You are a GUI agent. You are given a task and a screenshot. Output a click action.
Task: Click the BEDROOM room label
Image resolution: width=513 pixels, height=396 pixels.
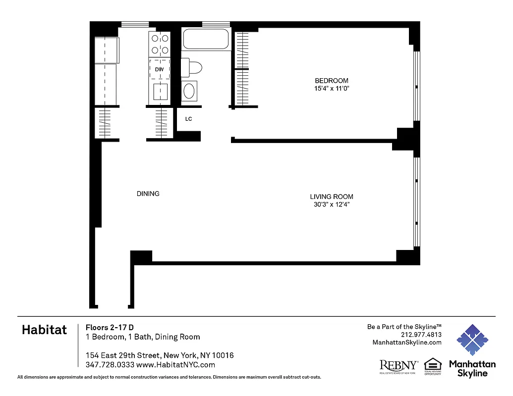[x=332, y=81]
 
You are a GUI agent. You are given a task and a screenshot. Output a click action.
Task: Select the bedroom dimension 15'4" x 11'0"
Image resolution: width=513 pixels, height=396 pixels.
[x=332, y=89]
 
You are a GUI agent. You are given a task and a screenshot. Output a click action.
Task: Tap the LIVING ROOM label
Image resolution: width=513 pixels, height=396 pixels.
[x=332, y=197]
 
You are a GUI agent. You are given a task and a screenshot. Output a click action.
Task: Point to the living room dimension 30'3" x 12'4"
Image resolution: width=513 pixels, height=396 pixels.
[x=332, y=204]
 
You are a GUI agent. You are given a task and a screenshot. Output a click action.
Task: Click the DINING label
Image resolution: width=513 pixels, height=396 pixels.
[x=148, y=194]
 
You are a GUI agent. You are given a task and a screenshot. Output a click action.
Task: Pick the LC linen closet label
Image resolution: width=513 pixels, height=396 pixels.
[x=188, y=119]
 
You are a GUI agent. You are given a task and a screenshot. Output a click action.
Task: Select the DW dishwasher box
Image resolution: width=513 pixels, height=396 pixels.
[x=159, y=69]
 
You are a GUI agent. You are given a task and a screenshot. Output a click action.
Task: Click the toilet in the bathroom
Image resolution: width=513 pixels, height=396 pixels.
[x=191, y=67]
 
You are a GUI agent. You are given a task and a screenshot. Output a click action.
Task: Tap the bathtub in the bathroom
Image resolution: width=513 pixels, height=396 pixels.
[x=206, y=40]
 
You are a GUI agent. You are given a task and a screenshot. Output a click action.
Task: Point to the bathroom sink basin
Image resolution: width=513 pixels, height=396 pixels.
[x=189, y=91]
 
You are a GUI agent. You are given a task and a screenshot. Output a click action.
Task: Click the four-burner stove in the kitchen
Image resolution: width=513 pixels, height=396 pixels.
[x=159, y=44]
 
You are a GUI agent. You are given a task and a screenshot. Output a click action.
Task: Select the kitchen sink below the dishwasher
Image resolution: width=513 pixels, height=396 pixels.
[x=160, y=92]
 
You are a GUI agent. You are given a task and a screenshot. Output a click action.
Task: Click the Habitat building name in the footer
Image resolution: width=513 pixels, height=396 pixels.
[x=44, y=330]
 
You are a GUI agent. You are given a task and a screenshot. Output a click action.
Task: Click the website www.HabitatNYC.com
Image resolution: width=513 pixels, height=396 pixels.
[x=175, y=365]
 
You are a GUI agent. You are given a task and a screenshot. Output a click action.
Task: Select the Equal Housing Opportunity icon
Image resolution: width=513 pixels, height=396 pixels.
[x=433, y=366]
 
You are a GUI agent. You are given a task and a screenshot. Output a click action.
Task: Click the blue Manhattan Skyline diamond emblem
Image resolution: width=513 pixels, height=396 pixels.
[x=472, y=340]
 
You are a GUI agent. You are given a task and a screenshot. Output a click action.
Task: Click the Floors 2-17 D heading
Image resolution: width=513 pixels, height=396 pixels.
[x=110, y=327]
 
